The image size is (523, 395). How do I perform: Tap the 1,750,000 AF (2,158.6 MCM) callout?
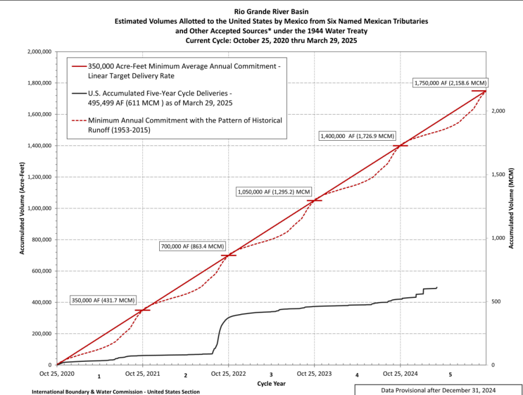coord(450,83)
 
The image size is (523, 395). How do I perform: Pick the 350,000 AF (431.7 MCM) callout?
coord(103,300)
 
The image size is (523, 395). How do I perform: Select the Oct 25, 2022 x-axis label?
coord(228,373)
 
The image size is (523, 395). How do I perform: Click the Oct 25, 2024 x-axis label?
coord(400,373)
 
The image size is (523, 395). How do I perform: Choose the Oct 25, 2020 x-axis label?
coord(57,373)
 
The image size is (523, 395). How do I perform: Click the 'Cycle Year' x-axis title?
coord(271,384)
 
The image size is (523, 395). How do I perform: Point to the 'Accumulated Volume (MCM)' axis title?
coord(511,208)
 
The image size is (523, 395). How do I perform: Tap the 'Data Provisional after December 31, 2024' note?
coord(439,389)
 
